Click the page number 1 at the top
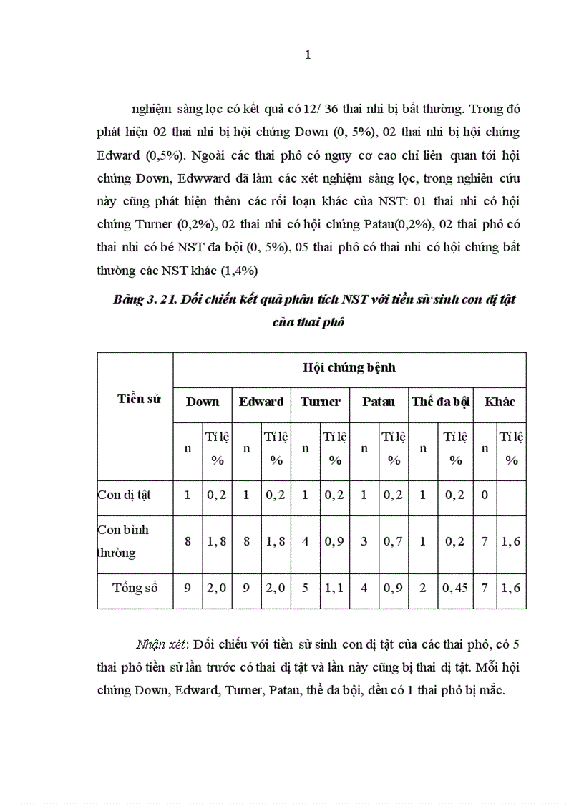pyautogui.click(x=308, y=55)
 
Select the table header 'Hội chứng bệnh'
pyautogui.click(x=349, y=368)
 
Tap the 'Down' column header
pyautogui.click(x=203, y=402)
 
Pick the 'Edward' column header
pyautogui.click(x=261, y=402)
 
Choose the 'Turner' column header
pyautogui.click(x=320, y=402)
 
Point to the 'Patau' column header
pyautogui.click(x=379, y=402)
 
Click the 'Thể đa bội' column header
pyautogui.click(x=440, y=402)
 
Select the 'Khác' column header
pyautogui.click(x=500, y=402)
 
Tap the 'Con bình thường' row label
pyautogui.click(x=123, y=541)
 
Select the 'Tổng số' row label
pyautogui.click(x=135, y=589)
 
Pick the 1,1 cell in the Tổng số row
pyautogui.click(x=334, y=589)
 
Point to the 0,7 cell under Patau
pyautogui.click(x=394, y=541)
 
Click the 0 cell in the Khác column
pyautogui.click(x=485, y=495)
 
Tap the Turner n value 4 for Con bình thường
pyautogui.click(x=306, y=541)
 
